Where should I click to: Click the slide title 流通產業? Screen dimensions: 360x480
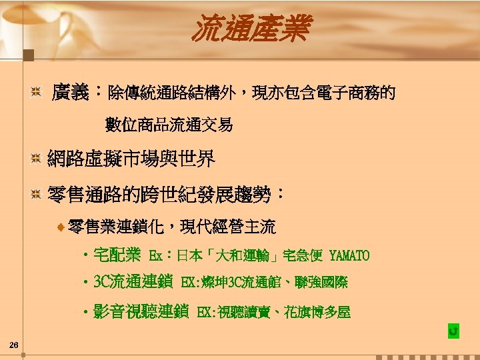(251, 30)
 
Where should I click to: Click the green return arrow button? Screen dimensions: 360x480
(453, 331)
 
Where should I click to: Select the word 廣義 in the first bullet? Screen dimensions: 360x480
(71, 92)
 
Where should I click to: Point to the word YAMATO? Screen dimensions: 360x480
(349, 255)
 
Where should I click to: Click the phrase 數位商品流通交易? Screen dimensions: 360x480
(169, 124)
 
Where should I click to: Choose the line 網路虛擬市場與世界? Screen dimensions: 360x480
(131, 159)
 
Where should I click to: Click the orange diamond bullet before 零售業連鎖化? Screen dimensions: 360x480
(61, 228)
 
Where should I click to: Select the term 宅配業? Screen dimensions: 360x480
(117, 255)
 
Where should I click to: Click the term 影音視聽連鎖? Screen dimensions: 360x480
(141, 311)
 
